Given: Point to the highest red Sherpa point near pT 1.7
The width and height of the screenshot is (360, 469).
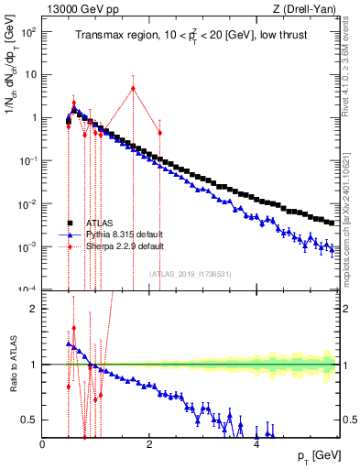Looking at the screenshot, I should tap(134, 89).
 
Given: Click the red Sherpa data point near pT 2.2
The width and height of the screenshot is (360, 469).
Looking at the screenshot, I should tap(160, 133).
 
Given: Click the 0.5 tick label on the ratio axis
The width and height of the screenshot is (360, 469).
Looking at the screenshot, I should tap(29, 420).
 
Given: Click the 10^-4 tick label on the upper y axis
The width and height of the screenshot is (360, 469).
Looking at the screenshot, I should tap(27, 289).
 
